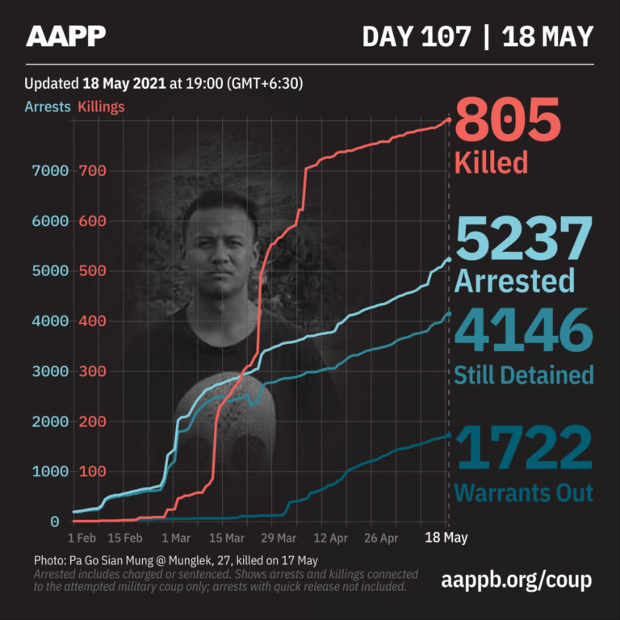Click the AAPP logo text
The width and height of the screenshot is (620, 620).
(66, 36)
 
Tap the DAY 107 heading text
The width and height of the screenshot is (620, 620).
(416, 36)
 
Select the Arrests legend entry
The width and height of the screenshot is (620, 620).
(48, 107)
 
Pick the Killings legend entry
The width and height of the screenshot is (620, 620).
(101, 107)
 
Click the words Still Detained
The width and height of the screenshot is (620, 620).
(524, 375)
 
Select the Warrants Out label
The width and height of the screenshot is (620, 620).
(524, 492)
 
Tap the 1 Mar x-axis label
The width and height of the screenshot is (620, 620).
(175, 538)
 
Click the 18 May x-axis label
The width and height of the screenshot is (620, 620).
(447, 538)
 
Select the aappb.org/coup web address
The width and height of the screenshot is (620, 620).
(517, 580)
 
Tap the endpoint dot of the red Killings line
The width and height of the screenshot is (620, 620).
(449, 121)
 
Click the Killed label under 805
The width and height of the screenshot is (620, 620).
(491, 161)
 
